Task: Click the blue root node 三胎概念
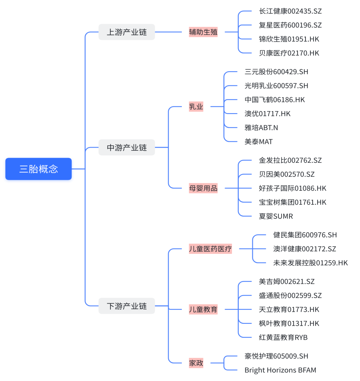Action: pyautogui.click(x=39, y=169)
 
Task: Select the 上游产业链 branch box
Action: pyautogui.click(x=127, y=32)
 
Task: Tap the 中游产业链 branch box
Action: pyautogui.click(x=127, y=147)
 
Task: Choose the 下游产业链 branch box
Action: pyautogui.click(x=127, y=306)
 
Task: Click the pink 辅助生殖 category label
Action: pyautogui.click(x=203, y=32)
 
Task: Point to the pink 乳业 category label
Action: pyautogui.click(x=196, y=107)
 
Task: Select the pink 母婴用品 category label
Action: pyautogui.click(x=203, y=188)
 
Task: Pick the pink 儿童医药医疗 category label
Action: pyautogui.click(x=210, y=249)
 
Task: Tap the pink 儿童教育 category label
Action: pyautogui.click(x=203, y=309)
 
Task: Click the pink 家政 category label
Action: pyautogui.click(x=196, y=363)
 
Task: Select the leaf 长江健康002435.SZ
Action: pyautogui.click(x=290, y=11)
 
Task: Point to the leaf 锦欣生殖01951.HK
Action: pyautogui.click(x=289, y=39)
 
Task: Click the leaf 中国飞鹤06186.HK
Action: pyautogui.click(x=275, y=100)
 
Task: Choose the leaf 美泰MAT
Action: pyautogui.click(x=258, y=142)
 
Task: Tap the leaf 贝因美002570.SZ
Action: pyautogui.click(x=287, y=174)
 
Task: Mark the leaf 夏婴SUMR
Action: pyautogui.click(x=276, y=216)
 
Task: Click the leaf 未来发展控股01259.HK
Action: pyautogui.click(x=310, y=263)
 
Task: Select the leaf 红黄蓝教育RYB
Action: pyautogui.click(x=283, y=337)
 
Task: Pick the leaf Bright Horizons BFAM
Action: pyautogui.click(x=280, y=370)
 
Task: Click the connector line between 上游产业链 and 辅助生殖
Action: pyautogui.click(x=168, y=32)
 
